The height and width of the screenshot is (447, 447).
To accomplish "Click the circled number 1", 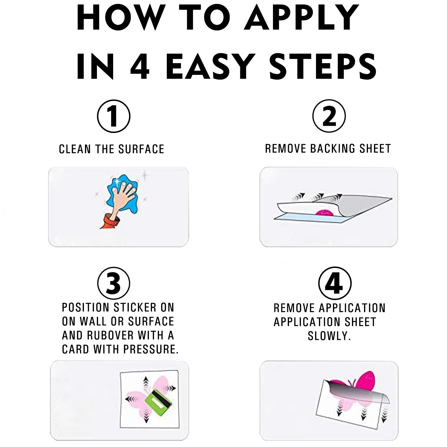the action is (x=114, y=116).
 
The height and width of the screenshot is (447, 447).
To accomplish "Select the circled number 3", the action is (x=114, y=283).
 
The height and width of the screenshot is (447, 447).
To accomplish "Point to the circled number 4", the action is (x=335, y=283).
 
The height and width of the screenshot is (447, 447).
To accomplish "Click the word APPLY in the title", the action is (x=301, y=17).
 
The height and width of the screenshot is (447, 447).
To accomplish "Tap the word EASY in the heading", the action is (x=209, y=66).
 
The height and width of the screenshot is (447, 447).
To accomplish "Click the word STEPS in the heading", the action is (x=323, y=66).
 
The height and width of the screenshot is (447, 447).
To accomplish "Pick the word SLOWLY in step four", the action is (x=329, y=336).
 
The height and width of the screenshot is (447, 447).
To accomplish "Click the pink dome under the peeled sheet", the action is (x=324, y=212).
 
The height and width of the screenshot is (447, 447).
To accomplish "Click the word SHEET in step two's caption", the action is (x=375, y=149).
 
